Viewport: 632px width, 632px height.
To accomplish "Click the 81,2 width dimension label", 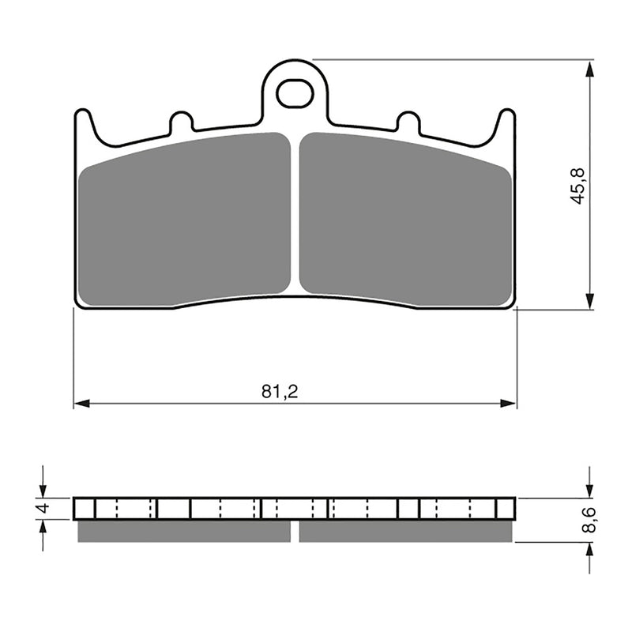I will click(x=280, y=391).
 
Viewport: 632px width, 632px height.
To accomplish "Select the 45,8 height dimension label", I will click(x=578, y=186).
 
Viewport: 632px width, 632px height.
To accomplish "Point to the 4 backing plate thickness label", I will click(x=44, y=509).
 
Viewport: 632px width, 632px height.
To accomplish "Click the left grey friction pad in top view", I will click(x=185, y=217).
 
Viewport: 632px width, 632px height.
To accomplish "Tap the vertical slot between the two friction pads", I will click(x=295, y=213).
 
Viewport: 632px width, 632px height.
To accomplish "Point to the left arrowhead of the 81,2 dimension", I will click(x=80, y=404).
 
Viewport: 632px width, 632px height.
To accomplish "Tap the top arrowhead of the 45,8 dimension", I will click(x=589, y=66).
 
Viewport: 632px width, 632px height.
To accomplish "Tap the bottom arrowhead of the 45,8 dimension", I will click(x=589, y=302).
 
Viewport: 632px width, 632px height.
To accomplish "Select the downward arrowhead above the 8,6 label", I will click(x=589, y=491).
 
